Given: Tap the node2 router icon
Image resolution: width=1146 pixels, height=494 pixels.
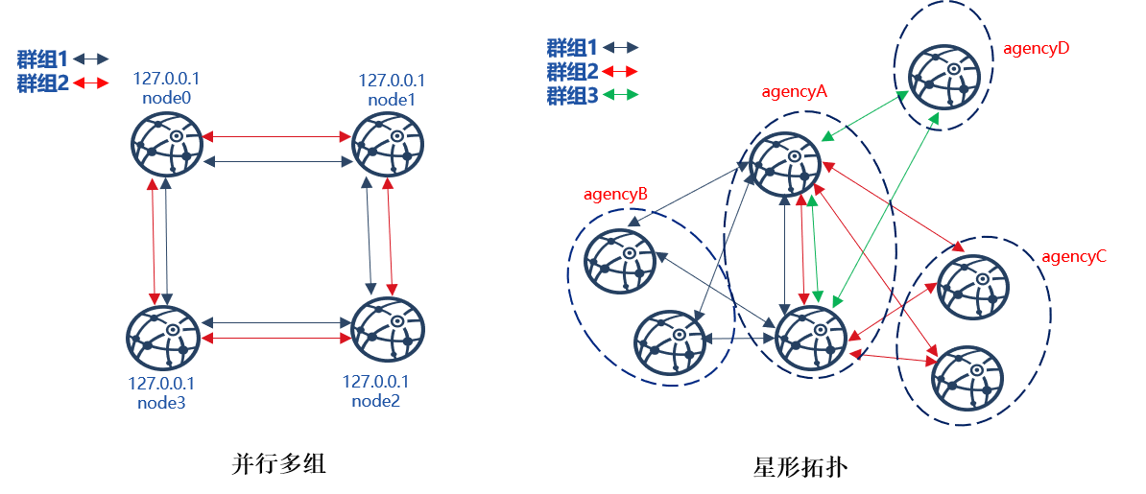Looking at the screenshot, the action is (x=388, y=330).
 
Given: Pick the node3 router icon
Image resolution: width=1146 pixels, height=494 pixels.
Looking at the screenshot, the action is (x=162, y=339).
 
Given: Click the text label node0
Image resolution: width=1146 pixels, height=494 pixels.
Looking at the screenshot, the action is (x=166, y=97).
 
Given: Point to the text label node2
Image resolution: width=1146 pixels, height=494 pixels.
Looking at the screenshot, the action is (x=375, y=400).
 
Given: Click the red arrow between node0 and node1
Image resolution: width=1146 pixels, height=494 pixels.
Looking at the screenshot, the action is (x=277, y=136).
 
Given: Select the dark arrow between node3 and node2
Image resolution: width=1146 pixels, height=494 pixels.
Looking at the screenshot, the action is (x=275, y=322).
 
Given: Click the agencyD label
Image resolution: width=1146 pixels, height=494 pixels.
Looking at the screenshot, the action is (x=1037, y=49).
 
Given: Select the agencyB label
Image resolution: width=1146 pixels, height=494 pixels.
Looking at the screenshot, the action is (x=616, y=195).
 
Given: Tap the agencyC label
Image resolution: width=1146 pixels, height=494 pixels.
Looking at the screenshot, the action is (x=1074, y=256).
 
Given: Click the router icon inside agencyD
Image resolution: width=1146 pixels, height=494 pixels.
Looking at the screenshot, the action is (x=944, y=75).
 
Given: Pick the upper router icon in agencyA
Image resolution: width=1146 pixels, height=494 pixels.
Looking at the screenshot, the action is (x=785, y=164).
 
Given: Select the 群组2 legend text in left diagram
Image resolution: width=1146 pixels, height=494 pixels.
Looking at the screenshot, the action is (x=42, y=83).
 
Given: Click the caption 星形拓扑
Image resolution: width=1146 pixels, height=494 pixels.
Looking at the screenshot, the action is (x=800, y=466).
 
